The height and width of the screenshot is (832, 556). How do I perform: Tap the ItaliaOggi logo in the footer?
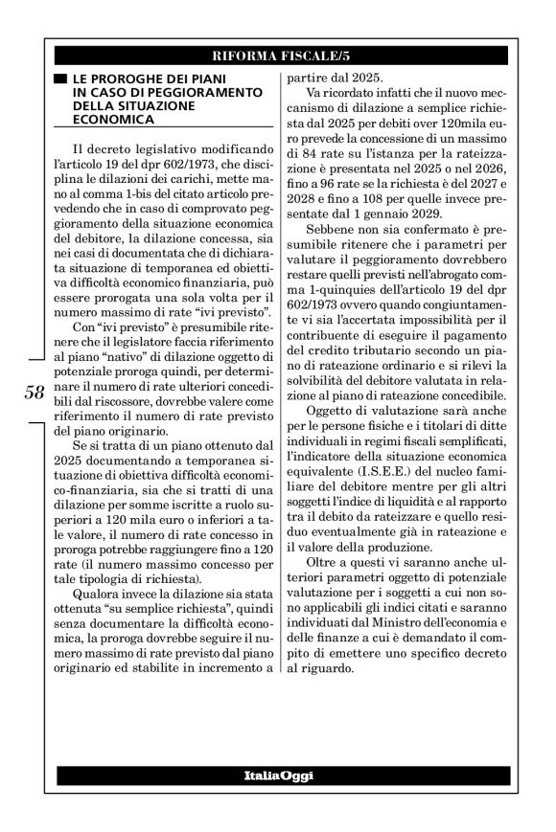tap(278, 773)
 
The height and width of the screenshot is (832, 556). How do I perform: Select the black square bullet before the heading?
tap(61, 77)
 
